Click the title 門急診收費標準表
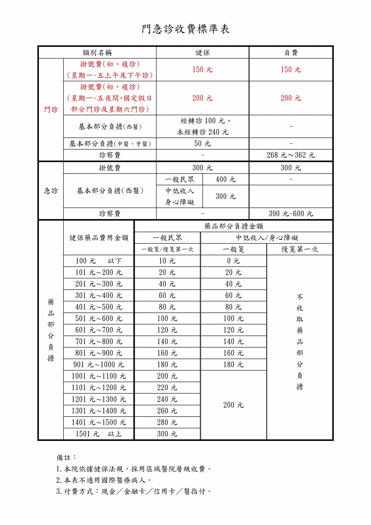click(x=185, y=29)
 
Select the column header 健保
click(x=203, y=53)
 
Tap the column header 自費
click(x=291, y=53)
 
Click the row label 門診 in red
click(x=51, y=110)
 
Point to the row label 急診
click(x=51, y=191)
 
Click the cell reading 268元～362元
click(x=291, y=155)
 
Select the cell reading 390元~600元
click(x=291, y=213)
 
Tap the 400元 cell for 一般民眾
click(x=226, y=179)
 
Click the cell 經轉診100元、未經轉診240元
click(x=203, y=126)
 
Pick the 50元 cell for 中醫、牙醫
click(x=203, y=144)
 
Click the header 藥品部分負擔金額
click(x=234, y=226)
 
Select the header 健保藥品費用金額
click(x=99, y=238)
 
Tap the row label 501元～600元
click(x=99, y=318)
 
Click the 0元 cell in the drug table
click(x=233, y=261)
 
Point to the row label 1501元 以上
click(x=99, y=434)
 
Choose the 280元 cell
click(x=167, y=422)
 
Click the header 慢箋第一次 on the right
click(x=299, y=249)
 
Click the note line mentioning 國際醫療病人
click(x=104, y=480)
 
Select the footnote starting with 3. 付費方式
click(x=134, y=491)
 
